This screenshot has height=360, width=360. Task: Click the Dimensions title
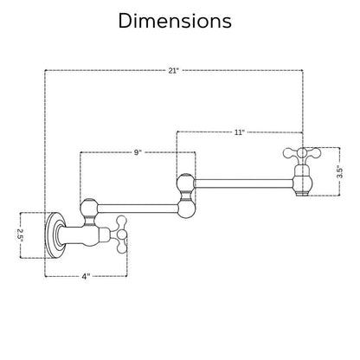(175, 21)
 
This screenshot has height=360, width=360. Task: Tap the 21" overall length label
(174, 71)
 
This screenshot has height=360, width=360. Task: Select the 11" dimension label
(239, 132)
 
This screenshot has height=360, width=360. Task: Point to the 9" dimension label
(138, 152)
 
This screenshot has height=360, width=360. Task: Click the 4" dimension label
(86, 276)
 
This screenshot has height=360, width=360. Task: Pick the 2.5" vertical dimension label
(21, 235)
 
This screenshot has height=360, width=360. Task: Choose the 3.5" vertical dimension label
(340, 172)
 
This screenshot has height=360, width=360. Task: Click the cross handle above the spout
(302, 153)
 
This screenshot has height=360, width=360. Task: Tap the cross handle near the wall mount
(121, 235)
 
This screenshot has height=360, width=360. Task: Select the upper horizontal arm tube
(244, 183)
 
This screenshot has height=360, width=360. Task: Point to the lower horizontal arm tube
(138, 209)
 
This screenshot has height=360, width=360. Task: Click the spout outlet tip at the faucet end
(302, 193)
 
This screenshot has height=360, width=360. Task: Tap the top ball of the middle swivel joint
(186, 183)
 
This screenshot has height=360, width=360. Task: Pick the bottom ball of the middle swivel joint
(187, 209)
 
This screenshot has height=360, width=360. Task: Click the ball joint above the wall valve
(89, 207)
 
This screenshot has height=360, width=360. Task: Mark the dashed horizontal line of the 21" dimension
(174, 70)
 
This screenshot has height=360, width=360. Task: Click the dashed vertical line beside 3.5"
(339, 171)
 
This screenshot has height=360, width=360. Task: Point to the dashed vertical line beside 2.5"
(20, 235)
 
